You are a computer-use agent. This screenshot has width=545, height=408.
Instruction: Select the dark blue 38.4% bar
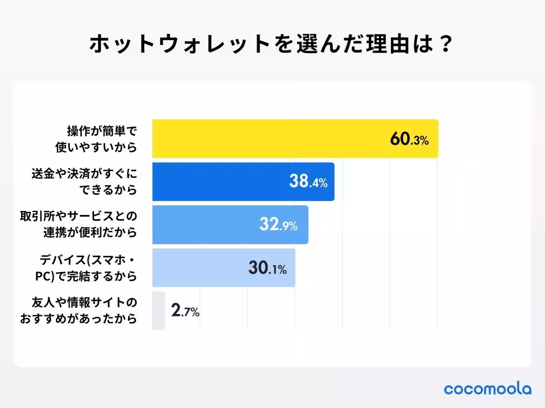pos(218,182)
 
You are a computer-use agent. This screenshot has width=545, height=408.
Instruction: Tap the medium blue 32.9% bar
pos(204,225)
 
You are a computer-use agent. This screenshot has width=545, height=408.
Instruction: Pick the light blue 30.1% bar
pos(200,268)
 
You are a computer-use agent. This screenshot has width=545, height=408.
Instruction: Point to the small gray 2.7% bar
pos(159,311)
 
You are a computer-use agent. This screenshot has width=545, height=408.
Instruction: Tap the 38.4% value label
pos(308,182)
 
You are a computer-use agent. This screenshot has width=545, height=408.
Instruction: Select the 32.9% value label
pos(278,225)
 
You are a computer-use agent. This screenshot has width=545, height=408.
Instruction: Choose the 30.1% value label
pos(267,268)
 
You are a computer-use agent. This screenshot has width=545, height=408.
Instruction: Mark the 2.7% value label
pos(185,311)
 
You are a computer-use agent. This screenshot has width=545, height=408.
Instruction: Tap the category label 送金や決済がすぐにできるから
pos(84,182)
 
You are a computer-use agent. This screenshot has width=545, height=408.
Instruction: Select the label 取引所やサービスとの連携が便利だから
pos(79,225)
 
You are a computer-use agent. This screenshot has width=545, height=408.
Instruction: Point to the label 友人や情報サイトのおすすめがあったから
pos(78,311)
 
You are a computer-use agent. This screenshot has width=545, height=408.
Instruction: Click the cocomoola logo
pos(487,389)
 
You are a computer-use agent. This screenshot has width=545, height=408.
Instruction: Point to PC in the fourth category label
pos(44,276)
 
